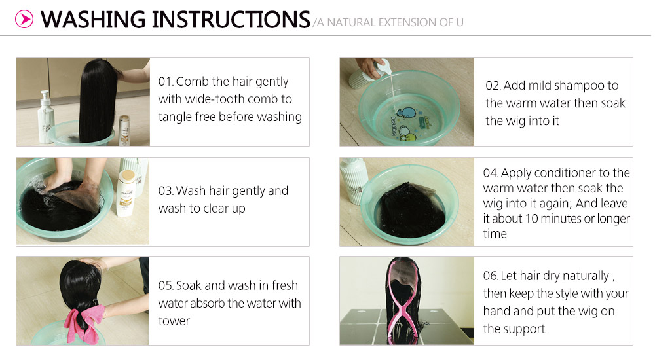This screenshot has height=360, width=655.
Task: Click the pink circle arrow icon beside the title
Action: point(24,19)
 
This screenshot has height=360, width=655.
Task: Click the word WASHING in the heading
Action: point(92,20)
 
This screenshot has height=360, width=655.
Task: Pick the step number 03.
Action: point(165,191)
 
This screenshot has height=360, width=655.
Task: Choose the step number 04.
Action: point(490,173)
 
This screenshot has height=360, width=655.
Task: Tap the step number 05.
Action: point(165,285)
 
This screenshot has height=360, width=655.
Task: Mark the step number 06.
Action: point(490,276)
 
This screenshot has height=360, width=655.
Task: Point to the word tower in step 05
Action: point(174,321)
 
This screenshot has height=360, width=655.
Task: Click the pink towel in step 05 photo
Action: point(84,323)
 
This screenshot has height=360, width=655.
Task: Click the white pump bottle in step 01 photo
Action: point(46,117)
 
